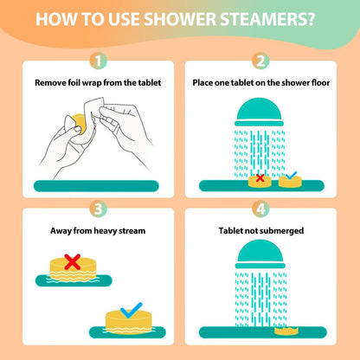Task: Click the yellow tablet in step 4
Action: pos(286,331)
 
